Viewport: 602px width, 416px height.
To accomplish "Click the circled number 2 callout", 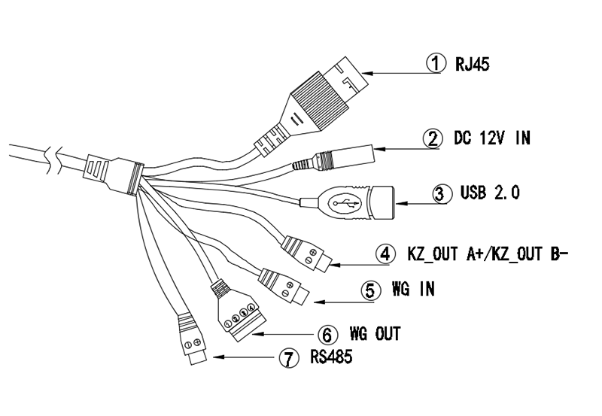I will [x=432, y=138].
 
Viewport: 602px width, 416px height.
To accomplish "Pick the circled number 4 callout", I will [x=385, y=254].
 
